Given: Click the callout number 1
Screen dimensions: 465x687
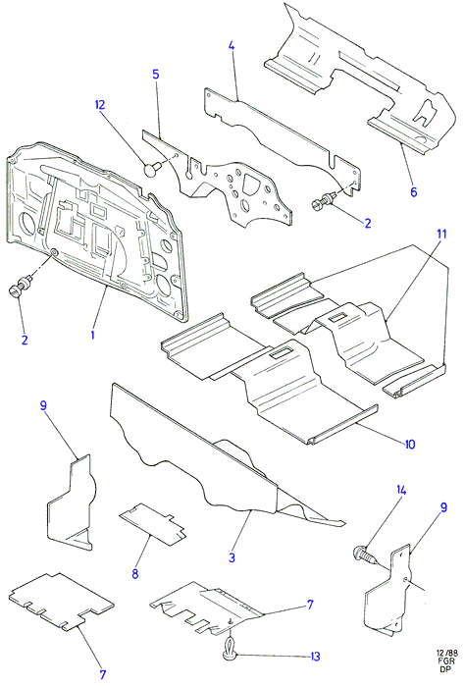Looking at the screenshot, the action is (92, 335).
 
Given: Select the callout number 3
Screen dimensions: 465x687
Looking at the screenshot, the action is (232, 557).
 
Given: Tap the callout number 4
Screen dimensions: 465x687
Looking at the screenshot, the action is (232, 45).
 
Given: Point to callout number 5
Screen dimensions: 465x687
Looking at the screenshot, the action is (155, 74).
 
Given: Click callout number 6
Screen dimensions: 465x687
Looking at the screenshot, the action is (413, 191).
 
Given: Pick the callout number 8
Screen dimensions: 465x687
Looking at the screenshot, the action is (134, 573).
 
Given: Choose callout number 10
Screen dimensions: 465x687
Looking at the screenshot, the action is (409, 445).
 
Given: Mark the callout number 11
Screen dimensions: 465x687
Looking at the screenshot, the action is (441, 234).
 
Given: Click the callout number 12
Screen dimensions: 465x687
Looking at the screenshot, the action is (100, 105).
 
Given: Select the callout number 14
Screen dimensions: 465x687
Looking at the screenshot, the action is (401, 490).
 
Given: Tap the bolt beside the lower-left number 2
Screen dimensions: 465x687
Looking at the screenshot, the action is (19, 287).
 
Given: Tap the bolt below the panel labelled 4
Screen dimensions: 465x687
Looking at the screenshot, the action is (323, 200).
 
